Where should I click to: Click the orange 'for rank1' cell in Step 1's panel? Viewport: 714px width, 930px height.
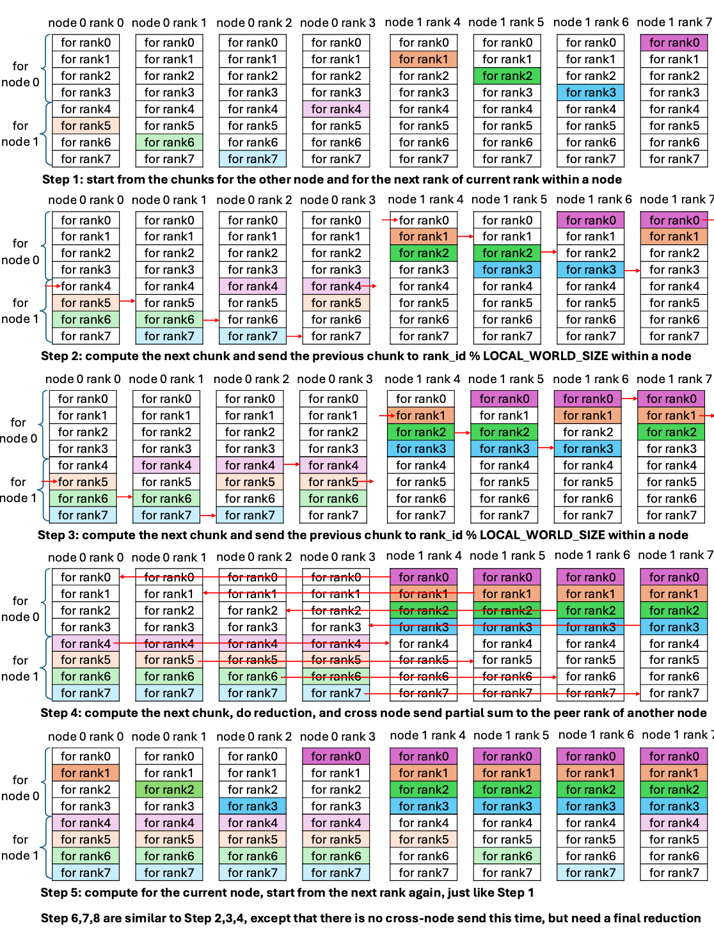[x=424, y=59]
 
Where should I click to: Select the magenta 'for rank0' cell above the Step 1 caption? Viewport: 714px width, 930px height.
[x=674, y=43]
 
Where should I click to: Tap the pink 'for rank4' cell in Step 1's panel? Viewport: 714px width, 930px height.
[x=336, y=109]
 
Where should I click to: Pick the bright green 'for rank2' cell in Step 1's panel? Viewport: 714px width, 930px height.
[x=507, y=76]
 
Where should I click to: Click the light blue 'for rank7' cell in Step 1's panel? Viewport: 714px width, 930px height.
[x=253, y=159]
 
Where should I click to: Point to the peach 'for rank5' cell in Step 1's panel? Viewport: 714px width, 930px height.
[x=86, y=126]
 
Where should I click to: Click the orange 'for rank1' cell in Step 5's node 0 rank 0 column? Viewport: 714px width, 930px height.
[x=86, y=773]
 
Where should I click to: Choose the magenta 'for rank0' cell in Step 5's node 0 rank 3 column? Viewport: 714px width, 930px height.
[x=336, y=757]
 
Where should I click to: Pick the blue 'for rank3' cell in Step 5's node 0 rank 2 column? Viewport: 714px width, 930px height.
[x=253, y=807]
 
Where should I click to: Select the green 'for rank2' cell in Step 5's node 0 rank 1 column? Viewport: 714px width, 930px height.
[x=169, y=790]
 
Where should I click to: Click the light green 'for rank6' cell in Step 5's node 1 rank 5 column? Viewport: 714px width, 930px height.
[x=507, y=856]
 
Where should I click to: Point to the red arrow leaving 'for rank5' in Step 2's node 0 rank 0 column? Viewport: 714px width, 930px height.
[x=128, y=301]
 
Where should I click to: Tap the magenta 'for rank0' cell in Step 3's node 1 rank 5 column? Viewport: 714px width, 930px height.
[x=504, y=399]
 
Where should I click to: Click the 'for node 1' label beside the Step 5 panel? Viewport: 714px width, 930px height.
[x=20, y=847]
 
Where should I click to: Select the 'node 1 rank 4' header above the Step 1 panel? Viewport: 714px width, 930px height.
[x=422, y=22]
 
